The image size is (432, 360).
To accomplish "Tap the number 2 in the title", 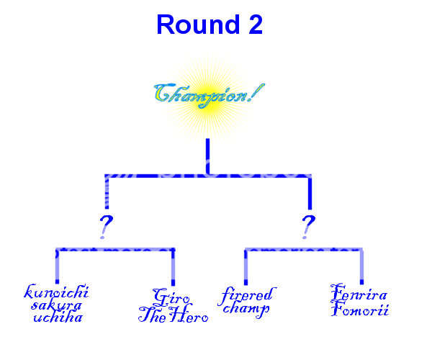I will click(252, 25).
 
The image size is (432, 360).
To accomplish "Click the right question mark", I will click(308, 225).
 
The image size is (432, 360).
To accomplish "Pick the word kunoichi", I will click(57, 292).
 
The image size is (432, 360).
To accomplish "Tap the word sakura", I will click(57, 305).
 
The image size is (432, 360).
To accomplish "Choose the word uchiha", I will click(58, 317).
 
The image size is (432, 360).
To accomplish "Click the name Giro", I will click(171, 296).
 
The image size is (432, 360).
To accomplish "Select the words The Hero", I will click(174, 315).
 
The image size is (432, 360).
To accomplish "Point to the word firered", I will click(246, 295).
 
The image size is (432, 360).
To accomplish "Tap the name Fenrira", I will click(359, 295).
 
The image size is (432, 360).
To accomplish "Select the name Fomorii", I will click(360, 310).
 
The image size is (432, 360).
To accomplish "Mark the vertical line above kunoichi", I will click(57, 267).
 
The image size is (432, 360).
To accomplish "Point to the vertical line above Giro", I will click(173, 267).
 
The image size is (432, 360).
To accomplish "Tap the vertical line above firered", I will click(246, 267).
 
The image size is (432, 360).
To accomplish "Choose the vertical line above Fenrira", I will click(361, 267).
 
